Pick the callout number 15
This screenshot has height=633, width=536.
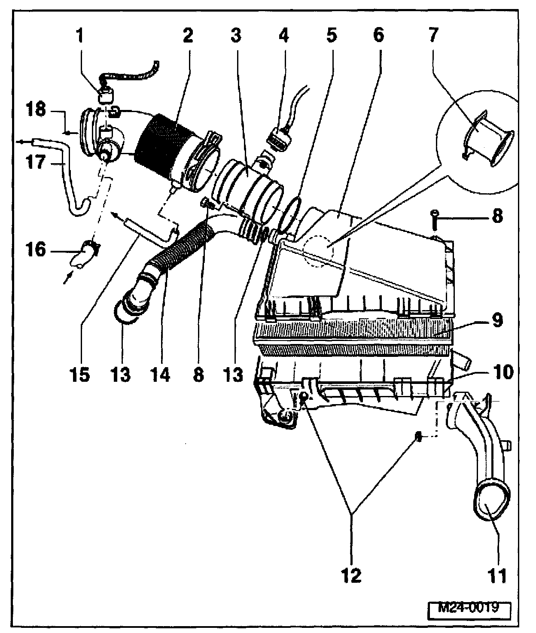(80, 375)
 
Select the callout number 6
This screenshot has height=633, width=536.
(378, 37)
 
